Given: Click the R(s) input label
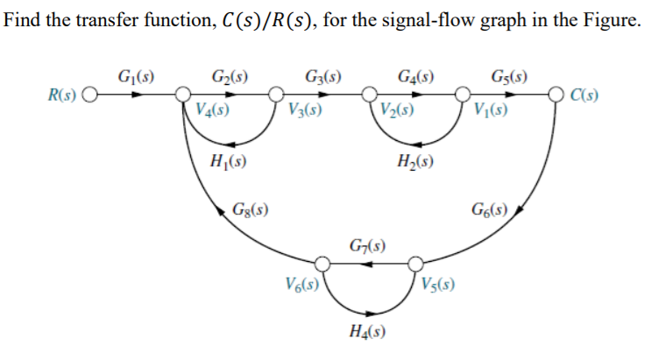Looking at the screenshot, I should point(60,93).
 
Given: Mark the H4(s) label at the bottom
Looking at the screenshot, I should point(367,330).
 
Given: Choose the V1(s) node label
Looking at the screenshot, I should point(489,111).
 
